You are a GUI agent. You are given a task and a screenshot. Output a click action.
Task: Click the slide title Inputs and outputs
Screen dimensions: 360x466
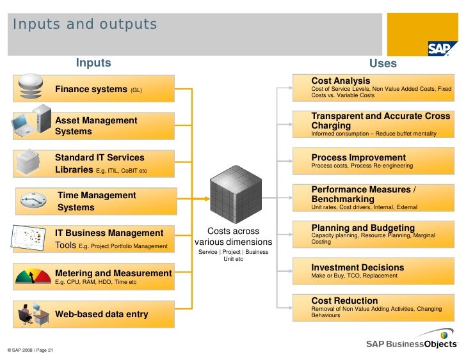[x=84, y=25]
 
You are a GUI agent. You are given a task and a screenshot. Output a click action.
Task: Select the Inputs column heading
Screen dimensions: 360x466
[x=93, y=63]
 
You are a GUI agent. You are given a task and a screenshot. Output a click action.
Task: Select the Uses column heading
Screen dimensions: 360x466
[x=383, y=63]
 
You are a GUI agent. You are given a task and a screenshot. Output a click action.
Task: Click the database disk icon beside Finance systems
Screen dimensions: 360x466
[x=31, y=87]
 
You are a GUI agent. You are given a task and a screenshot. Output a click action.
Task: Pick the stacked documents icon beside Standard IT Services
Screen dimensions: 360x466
[x=29, y=160]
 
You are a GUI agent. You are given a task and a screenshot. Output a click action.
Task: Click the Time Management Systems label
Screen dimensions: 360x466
[x=97, y=201]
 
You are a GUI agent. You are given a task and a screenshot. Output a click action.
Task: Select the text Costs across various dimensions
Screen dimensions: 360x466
[x=234, y=237]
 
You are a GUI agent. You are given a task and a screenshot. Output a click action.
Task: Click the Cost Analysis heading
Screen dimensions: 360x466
[x=341, y=81]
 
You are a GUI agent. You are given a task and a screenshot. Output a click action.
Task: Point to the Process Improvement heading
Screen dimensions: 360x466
[x=358, y=157]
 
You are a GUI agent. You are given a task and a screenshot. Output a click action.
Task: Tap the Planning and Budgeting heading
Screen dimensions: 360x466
[x=363, y=228]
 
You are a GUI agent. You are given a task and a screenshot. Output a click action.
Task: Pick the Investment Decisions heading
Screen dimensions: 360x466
[x=358, y=267]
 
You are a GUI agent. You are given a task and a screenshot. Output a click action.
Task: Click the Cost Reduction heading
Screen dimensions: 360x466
[x=344, y=301]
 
